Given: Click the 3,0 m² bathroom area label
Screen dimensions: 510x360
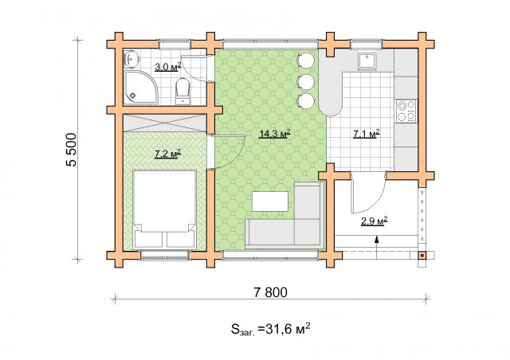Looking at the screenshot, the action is (x=168, y=68).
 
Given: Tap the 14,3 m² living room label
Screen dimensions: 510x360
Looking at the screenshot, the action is (x=274, y=133).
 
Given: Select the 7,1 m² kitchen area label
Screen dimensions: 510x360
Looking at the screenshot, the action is (x=367, y=133).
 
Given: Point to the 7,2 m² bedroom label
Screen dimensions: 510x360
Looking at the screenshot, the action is (x=168, y=154).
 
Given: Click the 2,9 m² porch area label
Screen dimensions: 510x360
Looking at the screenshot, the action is (x=374, y=221).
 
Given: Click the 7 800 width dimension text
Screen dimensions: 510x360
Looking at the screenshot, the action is (x=271, y=292).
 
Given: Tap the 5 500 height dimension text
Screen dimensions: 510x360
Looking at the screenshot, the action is (x=72, y=150).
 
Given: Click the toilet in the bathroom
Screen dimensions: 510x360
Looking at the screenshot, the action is (x=182, y=91).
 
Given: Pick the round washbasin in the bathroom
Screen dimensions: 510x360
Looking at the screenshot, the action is (x=131, y=59).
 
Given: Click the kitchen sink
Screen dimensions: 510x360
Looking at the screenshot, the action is (x=367, y=61).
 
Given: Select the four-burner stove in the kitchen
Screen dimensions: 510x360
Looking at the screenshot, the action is (x=406, y=111).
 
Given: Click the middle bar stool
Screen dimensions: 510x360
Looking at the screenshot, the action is (x=305, y=81).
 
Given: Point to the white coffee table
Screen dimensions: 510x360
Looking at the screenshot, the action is (x=270, y=202).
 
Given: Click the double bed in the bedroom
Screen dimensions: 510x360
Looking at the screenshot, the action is (x=165, y=209).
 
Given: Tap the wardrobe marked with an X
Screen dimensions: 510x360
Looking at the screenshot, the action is (x=165, y=123).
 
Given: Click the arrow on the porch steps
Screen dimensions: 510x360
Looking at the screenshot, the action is (x=377, y=247).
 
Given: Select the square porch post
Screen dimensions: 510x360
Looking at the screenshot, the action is (x=422, y=256).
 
